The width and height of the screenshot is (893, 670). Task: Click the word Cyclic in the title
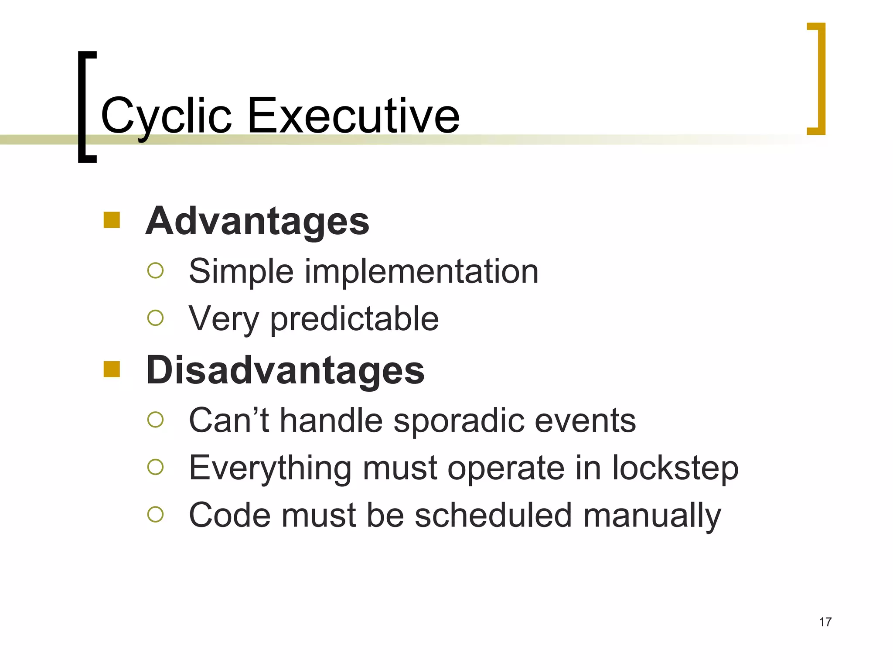[166, 116]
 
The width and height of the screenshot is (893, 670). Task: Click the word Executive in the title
[353, 116]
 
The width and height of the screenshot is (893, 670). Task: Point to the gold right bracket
[821, 79]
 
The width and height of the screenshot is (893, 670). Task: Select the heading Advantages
[257, 221]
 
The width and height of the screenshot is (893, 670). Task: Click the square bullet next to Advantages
[112, 220]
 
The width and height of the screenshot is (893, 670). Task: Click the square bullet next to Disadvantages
[112, 369]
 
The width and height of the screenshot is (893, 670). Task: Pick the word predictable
[354, 319]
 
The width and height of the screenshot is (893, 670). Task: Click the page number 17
[825, 622]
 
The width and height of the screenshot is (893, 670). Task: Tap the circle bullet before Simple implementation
[155, 270]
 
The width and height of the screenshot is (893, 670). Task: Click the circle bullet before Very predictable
[155, 318]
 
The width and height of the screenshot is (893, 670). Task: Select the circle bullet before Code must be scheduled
[155, 514]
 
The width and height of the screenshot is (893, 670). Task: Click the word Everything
[270, 468]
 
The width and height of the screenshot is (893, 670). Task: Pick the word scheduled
[493, 515]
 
